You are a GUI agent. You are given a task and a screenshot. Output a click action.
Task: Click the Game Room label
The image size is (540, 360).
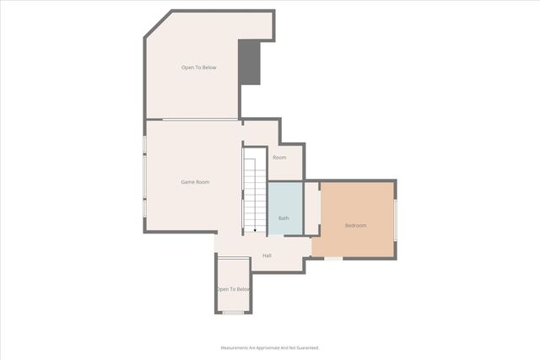point(196,182)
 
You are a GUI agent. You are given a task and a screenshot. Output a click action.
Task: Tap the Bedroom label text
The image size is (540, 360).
point(356,225)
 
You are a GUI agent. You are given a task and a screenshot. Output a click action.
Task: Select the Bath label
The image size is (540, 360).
point(283,219)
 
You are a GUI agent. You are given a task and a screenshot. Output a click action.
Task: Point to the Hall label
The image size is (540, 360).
point(267,255)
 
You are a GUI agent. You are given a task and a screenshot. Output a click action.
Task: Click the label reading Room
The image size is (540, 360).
point(279,158)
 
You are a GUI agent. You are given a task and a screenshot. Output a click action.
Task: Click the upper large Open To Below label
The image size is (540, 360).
point(199,67)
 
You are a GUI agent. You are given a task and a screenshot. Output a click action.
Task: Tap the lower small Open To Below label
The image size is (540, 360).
point(233,289)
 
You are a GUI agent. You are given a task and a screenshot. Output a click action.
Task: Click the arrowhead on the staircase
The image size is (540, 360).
point(255,228)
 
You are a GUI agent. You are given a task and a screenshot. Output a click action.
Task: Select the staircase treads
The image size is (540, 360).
point(255,190)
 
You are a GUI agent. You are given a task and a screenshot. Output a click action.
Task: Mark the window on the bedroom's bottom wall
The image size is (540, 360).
point(334,259)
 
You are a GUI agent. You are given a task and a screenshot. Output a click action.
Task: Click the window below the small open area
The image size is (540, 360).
point(233,313)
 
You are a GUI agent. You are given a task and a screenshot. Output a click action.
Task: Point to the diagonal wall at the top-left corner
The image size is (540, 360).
point(157,27)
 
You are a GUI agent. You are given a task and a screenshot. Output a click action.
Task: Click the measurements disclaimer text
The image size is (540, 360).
point(270,347)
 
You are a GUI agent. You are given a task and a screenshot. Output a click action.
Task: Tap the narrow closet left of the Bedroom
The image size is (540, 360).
point(311,208)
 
